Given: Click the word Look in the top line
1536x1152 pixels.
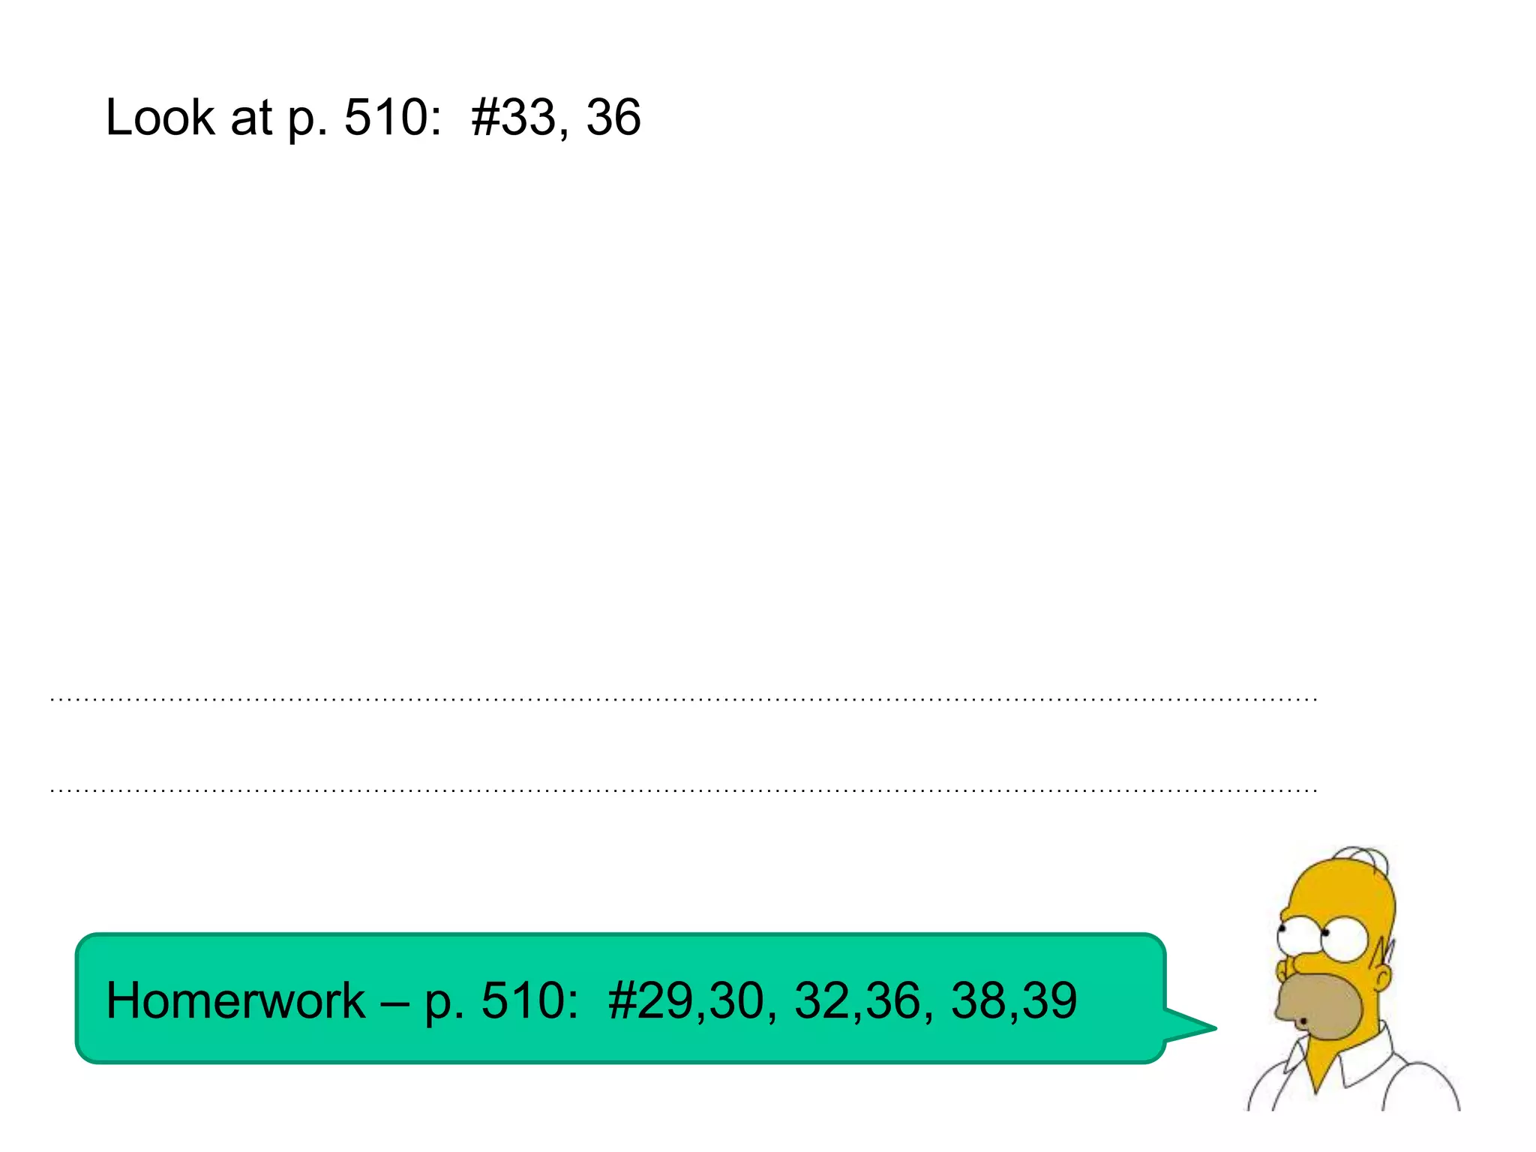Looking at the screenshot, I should (160, 118).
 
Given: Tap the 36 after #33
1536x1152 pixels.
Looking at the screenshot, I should (613, 118).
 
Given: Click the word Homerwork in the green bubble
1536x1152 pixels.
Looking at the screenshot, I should (235, 1000).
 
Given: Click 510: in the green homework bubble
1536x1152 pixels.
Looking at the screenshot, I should (529, 1000).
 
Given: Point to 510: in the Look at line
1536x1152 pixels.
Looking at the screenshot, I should (392, 118).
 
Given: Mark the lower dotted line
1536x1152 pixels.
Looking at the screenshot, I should (682, 790).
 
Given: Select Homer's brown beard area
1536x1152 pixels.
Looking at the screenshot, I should (1320, 1005).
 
